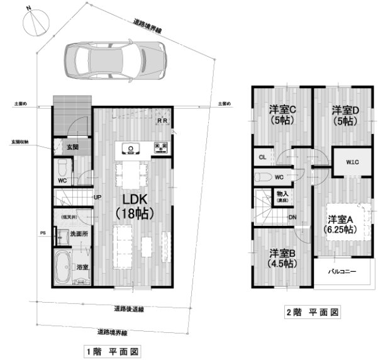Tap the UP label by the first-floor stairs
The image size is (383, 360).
click(97, 197)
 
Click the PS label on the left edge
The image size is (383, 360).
click(43, 233)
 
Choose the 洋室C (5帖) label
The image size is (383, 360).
click(283, 113)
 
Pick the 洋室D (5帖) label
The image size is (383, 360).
click(345, 113)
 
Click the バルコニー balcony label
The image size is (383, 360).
click(343, 273)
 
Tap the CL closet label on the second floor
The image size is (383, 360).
click(262, 157)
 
